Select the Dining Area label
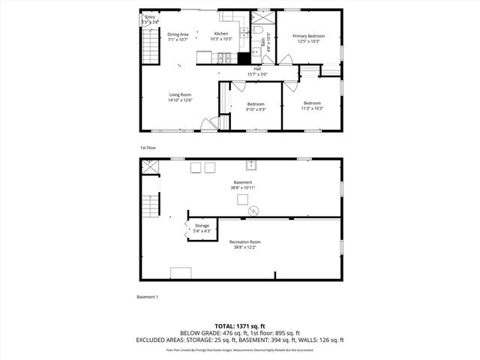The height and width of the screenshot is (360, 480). (178, 34)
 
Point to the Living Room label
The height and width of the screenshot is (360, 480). (180, 94)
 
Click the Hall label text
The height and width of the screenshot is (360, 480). (257, 69)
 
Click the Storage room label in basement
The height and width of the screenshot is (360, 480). (202, 226)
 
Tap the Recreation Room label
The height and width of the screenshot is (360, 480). (245, 241)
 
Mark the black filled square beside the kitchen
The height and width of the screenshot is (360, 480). (243, 58)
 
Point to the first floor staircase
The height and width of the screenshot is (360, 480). (151, 49)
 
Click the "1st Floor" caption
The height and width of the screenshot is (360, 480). (148, 148)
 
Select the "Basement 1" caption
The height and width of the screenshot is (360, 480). (147, 297)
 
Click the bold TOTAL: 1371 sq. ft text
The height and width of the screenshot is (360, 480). (239, 326)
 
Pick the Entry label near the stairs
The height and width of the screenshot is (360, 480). (150, 17)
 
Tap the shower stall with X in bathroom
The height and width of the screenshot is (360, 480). (263, 16)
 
